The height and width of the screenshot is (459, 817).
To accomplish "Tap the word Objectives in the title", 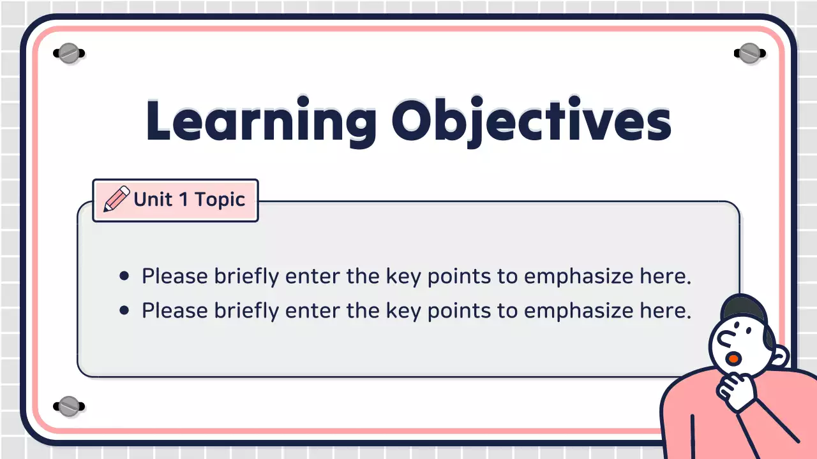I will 531,121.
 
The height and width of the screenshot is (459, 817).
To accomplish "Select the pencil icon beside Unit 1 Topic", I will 117,200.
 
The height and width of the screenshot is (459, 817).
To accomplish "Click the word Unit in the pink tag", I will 153,200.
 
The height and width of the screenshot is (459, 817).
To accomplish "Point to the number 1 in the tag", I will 183,200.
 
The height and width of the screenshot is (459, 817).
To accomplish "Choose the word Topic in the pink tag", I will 220,200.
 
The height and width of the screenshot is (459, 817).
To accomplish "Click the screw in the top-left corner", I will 68,54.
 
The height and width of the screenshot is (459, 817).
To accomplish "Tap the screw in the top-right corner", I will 749,54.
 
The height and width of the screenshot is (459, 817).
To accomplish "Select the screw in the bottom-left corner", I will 68,405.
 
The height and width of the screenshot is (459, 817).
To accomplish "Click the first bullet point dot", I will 124,277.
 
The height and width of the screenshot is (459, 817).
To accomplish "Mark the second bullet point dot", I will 124,310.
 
